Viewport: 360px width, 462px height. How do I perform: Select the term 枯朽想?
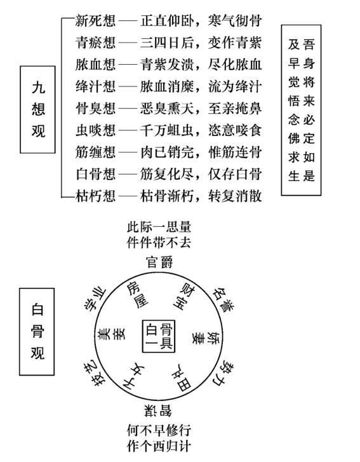pos(95,195)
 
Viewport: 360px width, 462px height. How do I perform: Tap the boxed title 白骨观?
pos(38,332)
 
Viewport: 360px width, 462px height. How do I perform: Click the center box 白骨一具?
pos(159,336)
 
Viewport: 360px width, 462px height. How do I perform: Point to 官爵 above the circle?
pos(159,262)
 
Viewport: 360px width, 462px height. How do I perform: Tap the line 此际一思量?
pos(159,228)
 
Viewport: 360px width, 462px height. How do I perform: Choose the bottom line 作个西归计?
pos(159,445)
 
